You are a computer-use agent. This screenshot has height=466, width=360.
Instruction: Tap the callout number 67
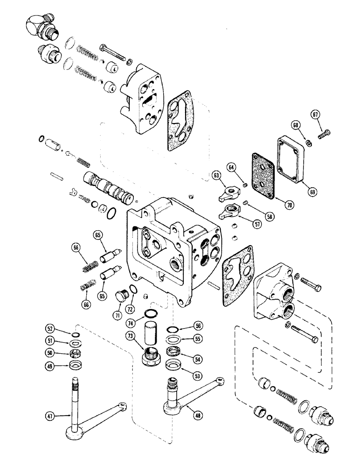315,115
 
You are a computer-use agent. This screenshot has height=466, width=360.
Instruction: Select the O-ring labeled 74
152,312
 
